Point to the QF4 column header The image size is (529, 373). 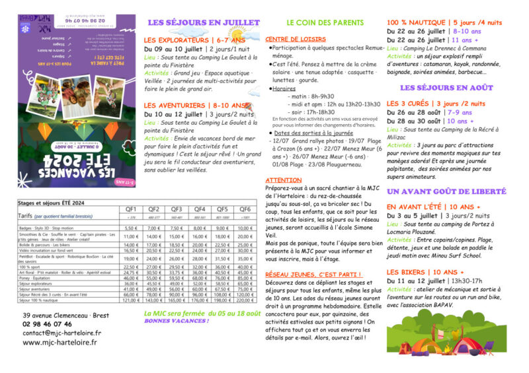pyautogui.click(x=200, y=209)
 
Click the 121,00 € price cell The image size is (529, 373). pyautogui.click(x=131, y=299)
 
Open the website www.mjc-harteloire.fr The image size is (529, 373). pyautogui.click(x=61, y=343)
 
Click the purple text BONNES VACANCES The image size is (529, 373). pyautogui.click(x=176, y=321)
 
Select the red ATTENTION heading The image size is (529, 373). pyautogui.click(x=282, y=180)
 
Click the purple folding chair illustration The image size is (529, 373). pyautogui.click(x=488, y=348)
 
